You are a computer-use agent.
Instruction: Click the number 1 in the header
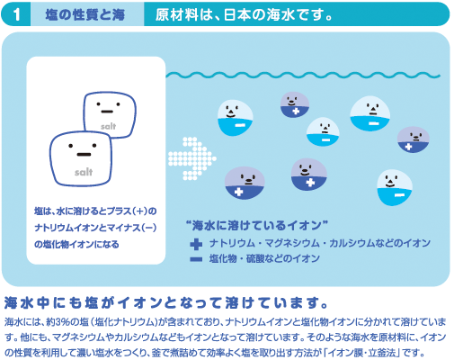(17, 14)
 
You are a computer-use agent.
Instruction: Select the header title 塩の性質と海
(85, 14)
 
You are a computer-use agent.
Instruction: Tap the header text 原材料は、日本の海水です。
(244, 14)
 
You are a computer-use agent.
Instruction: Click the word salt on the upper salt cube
(108, 126)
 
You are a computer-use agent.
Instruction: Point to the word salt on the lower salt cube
(84, 172)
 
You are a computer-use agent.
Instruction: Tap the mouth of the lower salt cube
(84, 155)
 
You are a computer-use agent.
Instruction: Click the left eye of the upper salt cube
(98, 104)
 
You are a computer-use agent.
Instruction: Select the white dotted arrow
(192, 158)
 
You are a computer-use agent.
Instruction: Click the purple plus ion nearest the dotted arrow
(245, 183)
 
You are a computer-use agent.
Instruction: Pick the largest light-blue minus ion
(370, 113)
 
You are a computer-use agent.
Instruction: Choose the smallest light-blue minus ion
(323, 131)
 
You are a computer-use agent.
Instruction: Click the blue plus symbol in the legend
(196, 244)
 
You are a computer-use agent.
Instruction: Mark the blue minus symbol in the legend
(196, 259)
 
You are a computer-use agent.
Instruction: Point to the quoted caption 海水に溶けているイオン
(257, 225)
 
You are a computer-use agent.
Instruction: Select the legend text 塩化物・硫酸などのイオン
(264, 258)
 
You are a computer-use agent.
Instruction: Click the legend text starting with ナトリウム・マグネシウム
(320, 243)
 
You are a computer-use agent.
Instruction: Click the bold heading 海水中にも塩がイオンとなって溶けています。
(165, 302)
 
